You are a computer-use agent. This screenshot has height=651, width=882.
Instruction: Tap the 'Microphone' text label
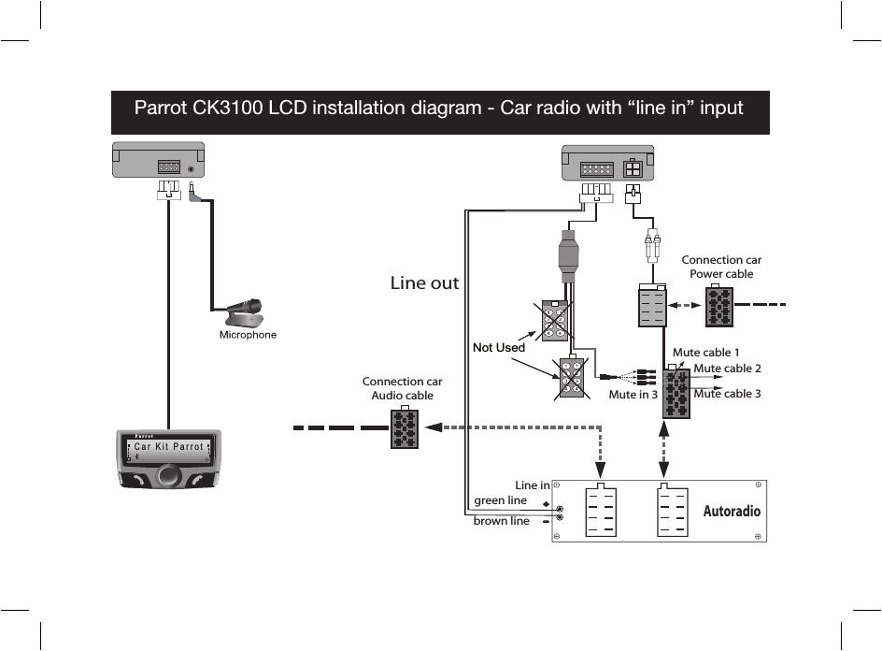pyautogui.click(x=248, y=335)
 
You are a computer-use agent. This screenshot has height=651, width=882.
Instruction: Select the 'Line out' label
pyautogui.click(x=424, y=282)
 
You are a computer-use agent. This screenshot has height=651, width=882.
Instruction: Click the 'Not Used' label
pyautogui.click(x=499, y=347)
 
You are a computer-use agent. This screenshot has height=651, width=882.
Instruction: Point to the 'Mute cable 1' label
pyautogui.click(x=706, y=353)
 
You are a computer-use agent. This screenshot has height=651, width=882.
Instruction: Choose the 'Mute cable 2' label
pyautogui.click(x=727, y=369)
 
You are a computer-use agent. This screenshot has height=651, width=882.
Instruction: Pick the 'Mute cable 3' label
pyautogui.click(x=727, y=394)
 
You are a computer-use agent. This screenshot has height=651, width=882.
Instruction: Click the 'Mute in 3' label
pyautogui.click(x=633, y=395)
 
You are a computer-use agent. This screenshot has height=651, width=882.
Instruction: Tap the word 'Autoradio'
pyautogui.click(x=732, y=512)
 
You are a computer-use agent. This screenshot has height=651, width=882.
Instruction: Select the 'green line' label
pyautogui.click(x=501, y=500)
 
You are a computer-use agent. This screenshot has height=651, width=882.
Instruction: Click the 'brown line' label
pyautogui.click(x=501, y=521)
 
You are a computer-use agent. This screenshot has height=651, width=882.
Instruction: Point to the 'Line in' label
pyautogui.click(x=533, y=485)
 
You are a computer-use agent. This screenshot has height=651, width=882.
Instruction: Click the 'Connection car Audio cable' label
pyautogui.click(x=402, y=388)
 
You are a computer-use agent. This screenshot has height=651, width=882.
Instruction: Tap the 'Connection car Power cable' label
pyautogui.click(x=721, y=267)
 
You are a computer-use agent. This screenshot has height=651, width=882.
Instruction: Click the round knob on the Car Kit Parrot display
pyautogui.click(x=168, y=475)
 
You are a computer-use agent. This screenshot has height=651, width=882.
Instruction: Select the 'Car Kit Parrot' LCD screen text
pyautogui.click(x=167, y=447)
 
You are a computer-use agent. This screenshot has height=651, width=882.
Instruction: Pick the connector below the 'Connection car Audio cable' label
pyautogui.click(x=404, y=428)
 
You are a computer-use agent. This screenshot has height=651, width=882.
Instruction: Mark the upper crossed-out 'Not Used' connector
pyautogui.click(x=555, y=321)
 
